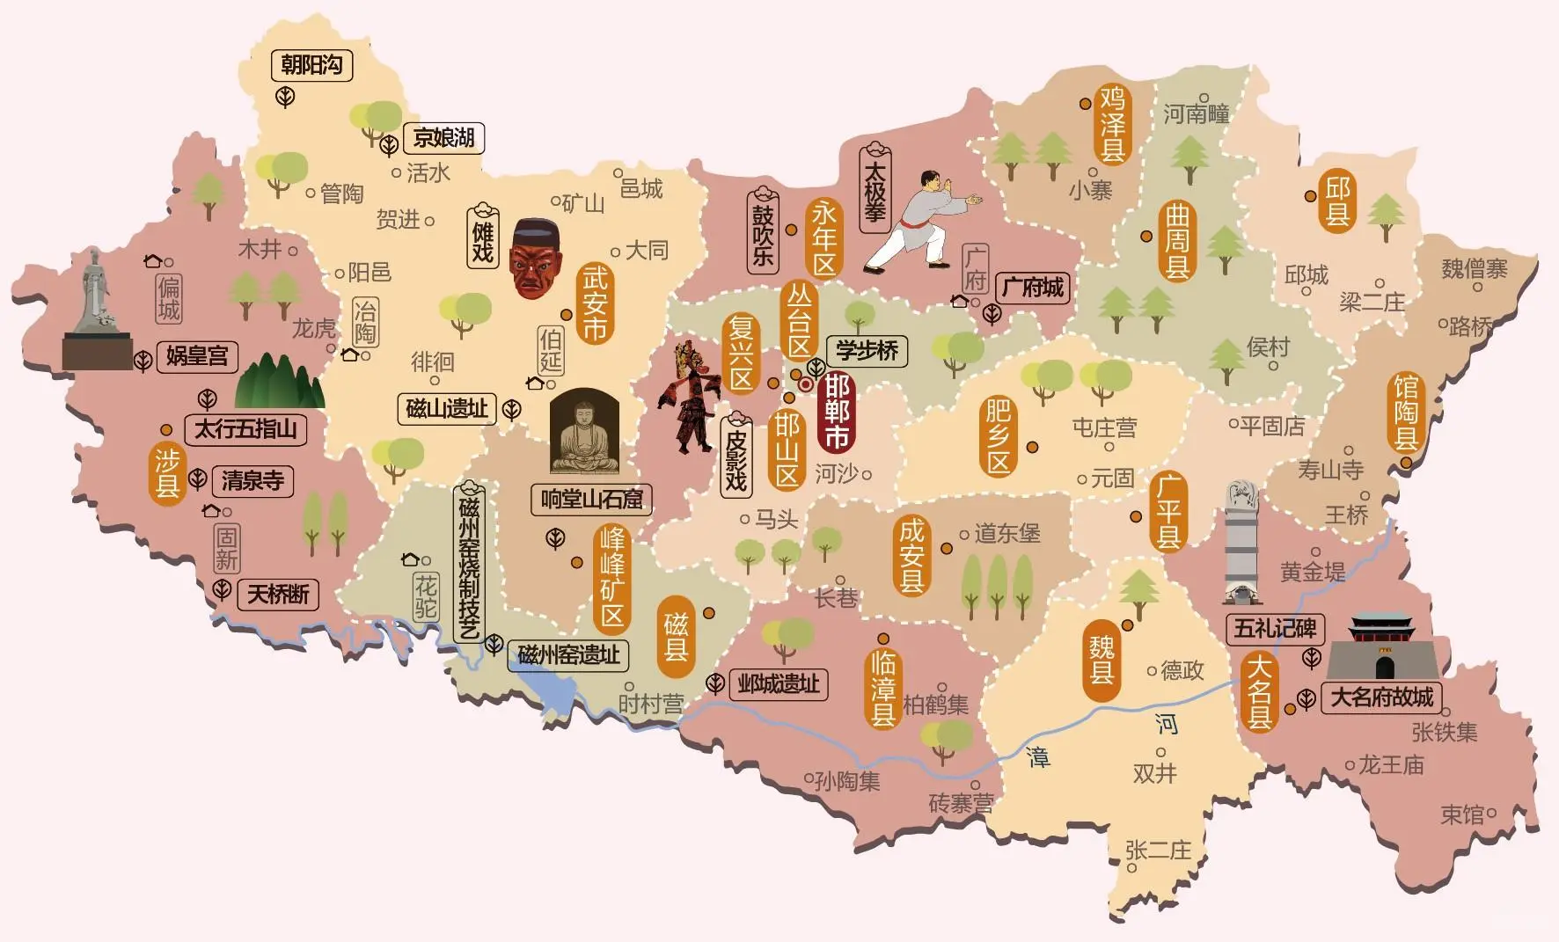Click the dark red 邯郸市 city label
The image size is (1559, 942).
(835, 412)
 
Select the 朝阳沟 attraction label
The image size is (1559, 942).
(311, 65)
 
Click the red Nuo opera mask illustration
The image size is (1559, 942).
(536, 259)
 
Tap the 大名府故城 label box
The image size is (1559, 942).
(1381, 697)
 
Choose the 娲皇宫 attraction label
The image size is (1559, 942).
(197, 356)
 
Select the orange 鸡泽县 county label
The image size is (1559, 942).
(1112, 123)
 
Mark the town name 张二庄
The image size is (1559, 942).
(1158, 850)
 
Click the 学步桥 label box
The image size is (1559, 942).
(867, 351)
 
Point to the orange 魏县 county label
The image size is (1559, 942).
(1102, 660)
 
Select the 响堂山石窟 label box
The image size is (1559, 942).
(591, 500)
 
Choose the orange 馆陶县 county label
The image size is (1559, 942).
(1405, 412)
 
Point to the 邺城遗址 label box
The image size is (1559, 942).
(778, 683)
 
